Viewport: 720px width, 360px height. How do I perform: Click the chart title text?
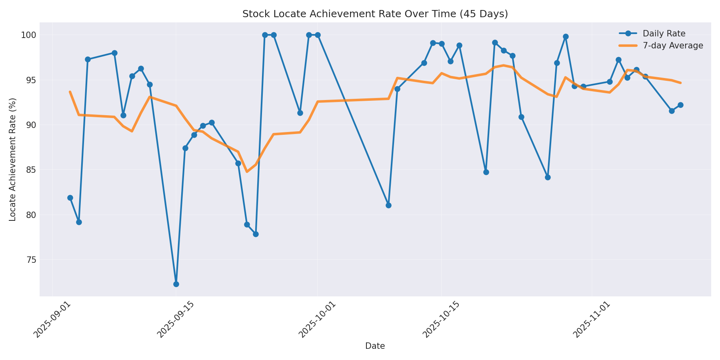tap(375, 14)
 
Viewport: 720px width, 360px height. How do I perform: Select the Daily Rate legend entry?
tap(664, 34)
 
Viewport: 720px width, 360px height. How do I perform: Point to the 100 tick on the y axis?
tap(28, 35)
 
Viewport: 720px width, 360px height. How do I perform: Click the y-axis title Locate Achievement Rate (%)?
tap(13, 159)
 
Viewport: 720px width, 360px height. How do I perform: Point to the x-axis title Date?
tap(375, 346)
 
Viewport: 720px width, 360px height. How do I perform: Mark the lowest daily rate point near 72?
tap(176, 284)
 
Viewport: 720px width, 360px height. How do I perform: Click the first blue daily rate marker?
tap(70, 198)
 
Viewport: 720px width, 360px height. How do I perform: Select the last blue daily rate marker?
tap(680, 105)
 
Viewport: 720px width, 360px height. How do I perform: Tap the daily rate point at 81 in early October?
tap(388, 205)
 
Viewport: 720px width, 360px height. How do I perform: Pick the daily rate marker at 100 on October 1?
tap(318, 35)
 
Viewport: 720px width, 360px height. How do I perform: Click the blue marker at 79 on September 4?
tap(79, 222)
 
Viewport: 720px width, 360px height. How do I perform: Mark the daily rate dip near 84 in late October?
tap(548, 177)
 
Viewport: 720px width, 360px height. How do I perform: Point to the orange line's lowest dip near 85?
tap(247, 172)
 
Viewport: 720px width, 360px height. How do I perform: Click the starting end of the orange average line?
tap(70, 92)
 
